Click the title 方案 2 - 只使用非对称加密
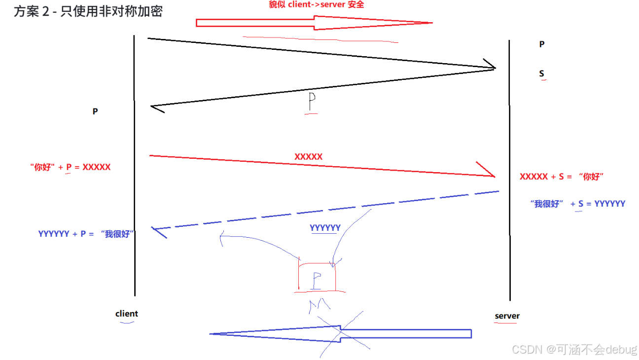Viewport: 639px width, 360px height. point(88,11)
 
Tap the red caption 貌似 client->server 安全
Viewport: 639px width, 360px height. point(316,5)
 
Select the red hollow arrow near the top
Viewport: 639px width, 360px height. point(314,23)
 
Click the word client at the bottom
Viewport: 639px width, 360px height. point(127,314)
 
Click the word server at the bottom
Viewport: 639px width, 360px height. point(507,316)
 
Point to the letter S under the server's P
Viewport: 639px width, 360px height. point(541,74)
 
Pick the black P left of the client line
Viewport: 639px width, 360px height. point(95,111)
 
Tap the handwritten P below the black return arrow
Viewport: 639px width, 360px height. point(312,102)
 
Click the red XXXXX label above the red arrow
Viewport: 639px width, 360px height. point(308,157)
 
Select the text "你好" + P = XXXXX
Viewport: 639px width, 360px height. point(70,167)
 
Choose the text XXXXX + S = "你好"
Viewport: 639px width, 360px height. point(562,177)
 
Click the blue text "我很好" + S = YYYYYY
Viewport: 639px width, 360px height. point(577,204)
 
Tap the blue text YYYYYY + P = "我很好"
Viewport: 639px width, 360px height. point(86,234)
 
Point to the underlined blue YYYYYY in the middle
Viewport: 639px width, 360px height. point(325,228)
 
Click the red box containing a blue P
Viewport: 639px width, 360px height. point(317,277)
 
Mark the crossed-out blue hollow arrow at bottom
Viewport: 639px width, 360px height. point(340,334)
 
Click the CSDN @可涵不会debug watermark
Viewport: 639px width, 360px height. point(574,350)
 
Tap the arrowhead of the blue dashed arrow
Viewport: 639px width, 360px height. point(158,231)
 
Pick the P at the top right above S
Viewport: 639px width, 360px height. point(541,44)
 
